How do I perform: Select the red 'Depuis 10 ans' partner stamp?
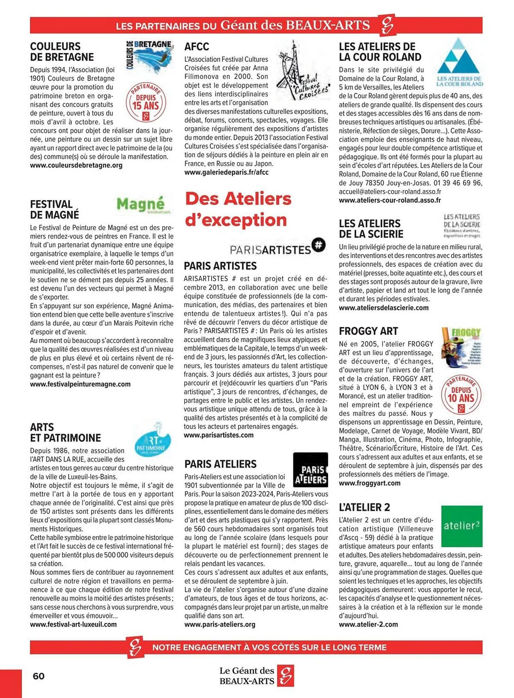[461, 395]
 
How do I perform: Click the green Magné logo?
[141, 205]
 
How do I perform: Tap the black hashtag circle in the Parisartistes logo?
[318, 245]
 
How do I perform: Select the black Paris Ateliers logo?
[310, 469]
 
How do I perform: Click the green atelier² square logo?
[462, 526]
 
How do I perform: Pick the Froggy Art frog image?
[461, 347]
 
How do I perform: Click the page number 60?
[39, 676]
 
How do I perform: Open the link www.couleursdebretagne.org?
[76, 165]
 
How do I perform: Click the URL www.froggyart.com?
[370, 483]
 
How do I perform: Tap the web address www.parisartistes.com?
[219, 435]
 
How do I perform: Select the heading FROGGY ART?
[368, 331]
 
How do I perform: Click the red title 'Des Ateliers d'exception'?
[238, 209]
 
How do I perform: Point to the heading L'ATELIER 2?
[364, 507]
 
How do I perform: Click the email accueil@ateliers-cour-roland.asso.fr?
[390, 192]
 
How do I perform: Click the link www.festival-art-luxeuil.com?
[73, 624]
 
